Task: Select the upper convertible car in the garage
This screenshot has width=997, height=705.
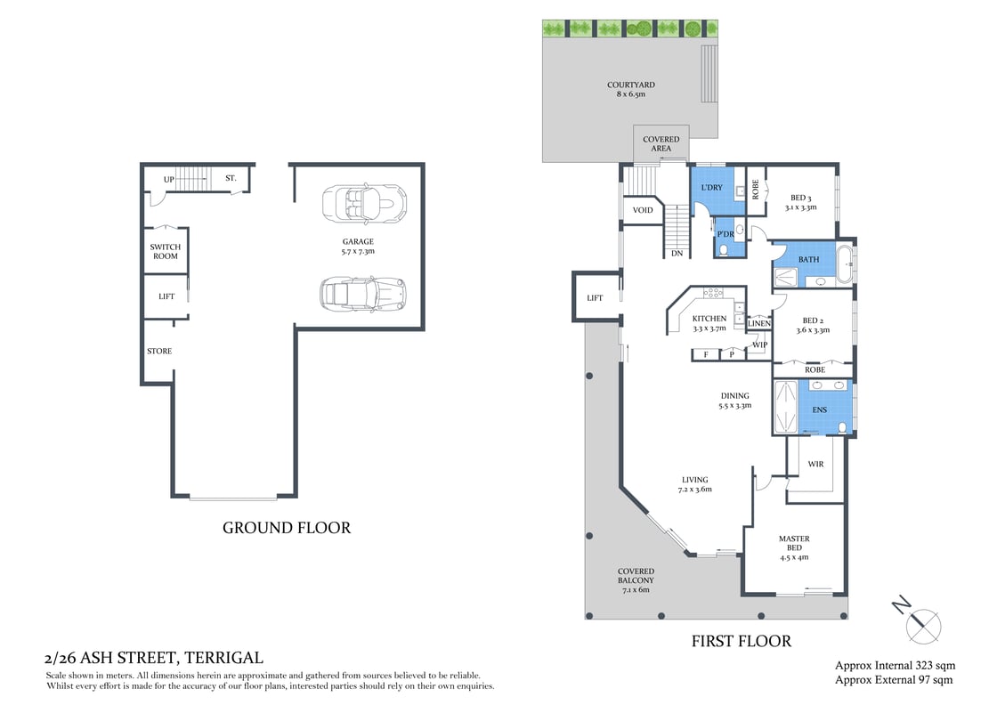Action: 363,204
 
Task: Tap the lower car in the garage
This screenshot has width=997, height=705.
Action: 362,291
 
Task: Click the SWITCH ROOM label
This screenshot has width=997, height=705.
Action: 165,252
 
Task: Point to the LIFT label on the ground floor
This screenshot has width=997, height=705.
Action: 166,297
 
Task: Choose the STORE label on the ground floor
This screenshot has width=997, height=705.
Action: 159,351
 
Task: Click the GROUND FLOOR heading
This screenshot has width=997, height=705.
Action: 286,528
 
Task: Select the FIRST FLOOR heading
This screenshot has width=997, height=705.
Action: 741,641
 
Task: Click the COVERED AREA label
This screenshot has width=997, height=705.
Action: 661,144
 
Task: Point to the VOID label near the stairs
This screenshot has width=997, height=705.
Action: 642,211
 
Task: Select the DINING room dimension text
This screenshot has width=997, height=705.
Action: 735,406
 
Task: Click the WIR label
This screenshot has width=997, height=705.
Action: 815,465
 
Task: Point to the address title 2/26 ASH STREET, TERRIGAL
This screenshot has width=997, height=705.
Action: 153,659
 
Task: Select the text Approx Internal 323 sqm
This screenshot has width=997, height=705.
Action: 894,666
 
